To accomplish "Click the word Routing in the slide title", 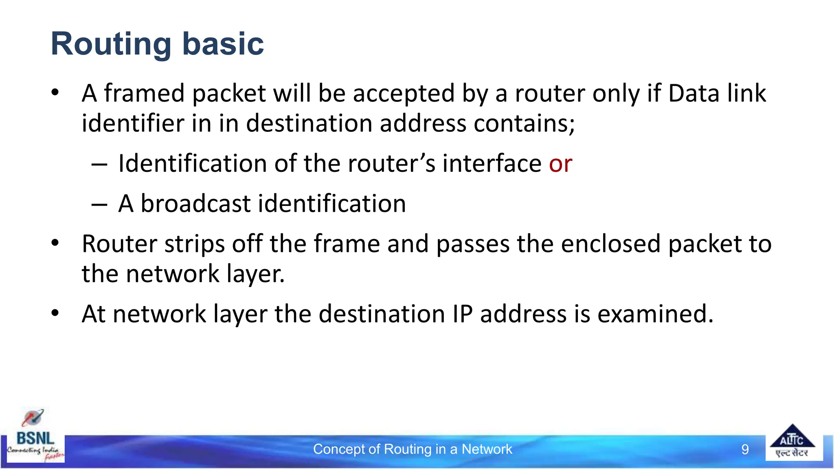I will point(111,44).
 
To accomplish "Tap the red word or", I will point(560,163).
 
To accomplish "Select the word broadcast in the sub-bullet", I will point(195,203).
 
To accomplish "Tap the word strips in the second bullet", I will point(194,244).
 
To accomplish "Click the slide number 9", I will point(745,449).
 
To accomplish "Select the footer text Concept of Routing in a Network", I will point(412,449).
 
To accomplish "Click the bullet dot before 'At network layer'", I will point(55,313).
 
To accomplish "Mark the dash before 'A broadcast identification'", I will point(99,204).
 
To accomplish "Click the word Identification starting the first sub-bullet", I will point(192,163).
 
